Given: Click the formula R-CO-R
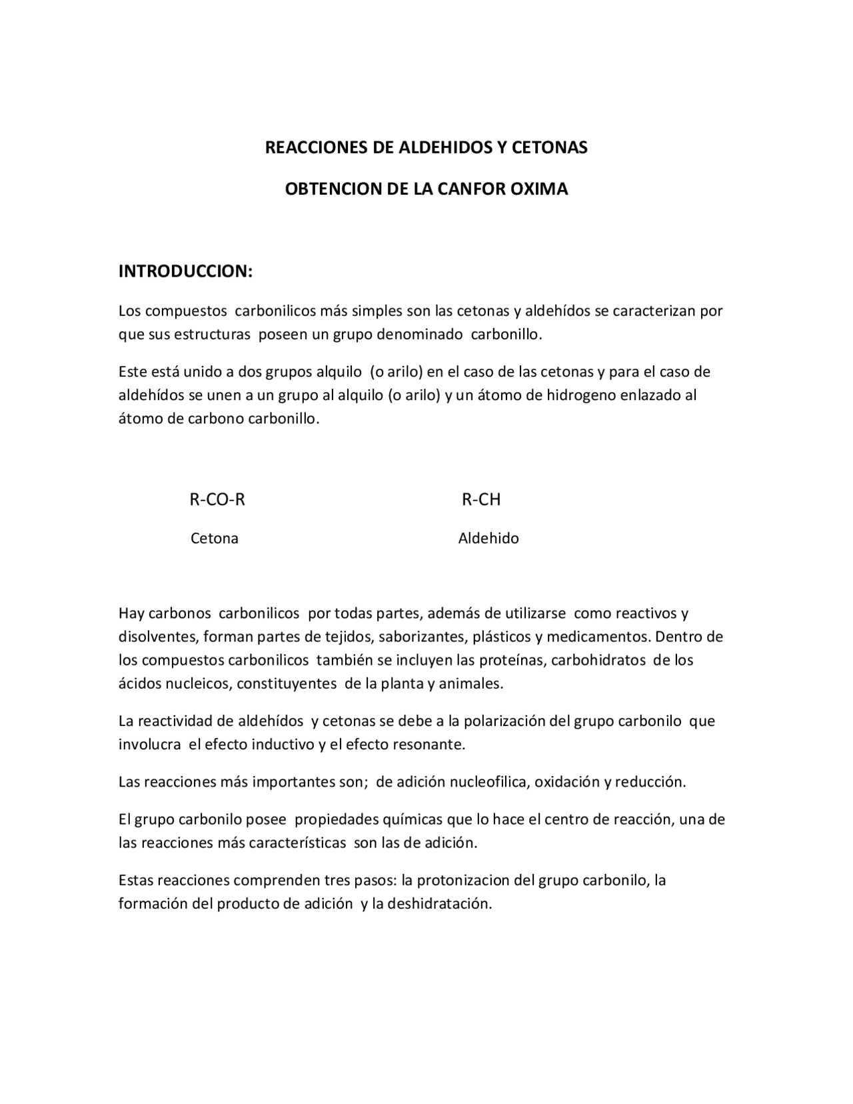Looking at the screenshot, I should pyautogui.click(x=217, y=499).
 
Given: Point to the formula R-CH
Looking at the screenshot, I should pyautogui.click(x=481, y=499).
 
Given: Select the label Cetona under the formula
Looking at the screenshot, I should pyautogui.click(x=215, y=538).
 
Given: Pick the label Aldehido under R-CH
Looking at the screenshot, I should pyautogui.click(x=488, y=538).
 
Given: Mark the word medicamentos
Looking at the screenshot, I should pyautogui.click(x=600, y=637).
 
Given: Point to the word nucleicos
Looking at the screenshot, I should pyautogui.click(x=193, y=684).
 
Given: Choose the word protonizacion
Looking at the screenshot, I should pyautogui.click(x=456, y=880).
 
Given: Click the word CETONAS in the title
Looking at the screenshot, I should pyautogui.click(x=549, y=147).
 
